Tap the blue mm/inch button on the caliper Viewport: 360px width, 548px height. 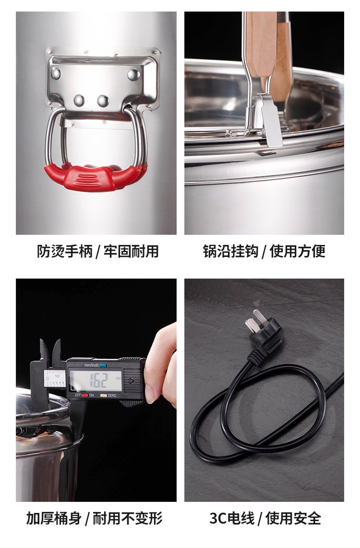103,365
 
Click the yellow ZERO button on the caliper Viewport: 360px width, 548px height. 103,396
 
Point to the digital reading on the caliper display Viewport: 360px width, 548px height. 98,380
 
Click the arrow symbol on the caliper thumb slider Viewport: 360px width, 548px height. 132,381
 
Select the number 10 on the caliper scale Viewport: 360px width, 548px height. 57,376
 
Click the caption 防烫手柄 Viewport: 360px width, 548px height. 65,251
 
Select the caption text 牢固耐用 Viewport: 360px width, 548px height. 131,251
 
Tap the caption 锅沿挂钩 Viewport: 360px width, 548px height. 231,251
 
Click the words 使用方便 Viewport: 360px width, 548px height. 298,251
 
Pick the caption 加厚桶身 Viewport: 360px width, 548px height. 54,518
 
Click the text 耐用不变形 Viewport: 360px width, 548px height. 128,518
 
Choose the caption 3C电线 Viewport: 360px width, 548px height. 232,518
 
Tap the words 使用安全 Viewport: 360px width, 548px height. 293,518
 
